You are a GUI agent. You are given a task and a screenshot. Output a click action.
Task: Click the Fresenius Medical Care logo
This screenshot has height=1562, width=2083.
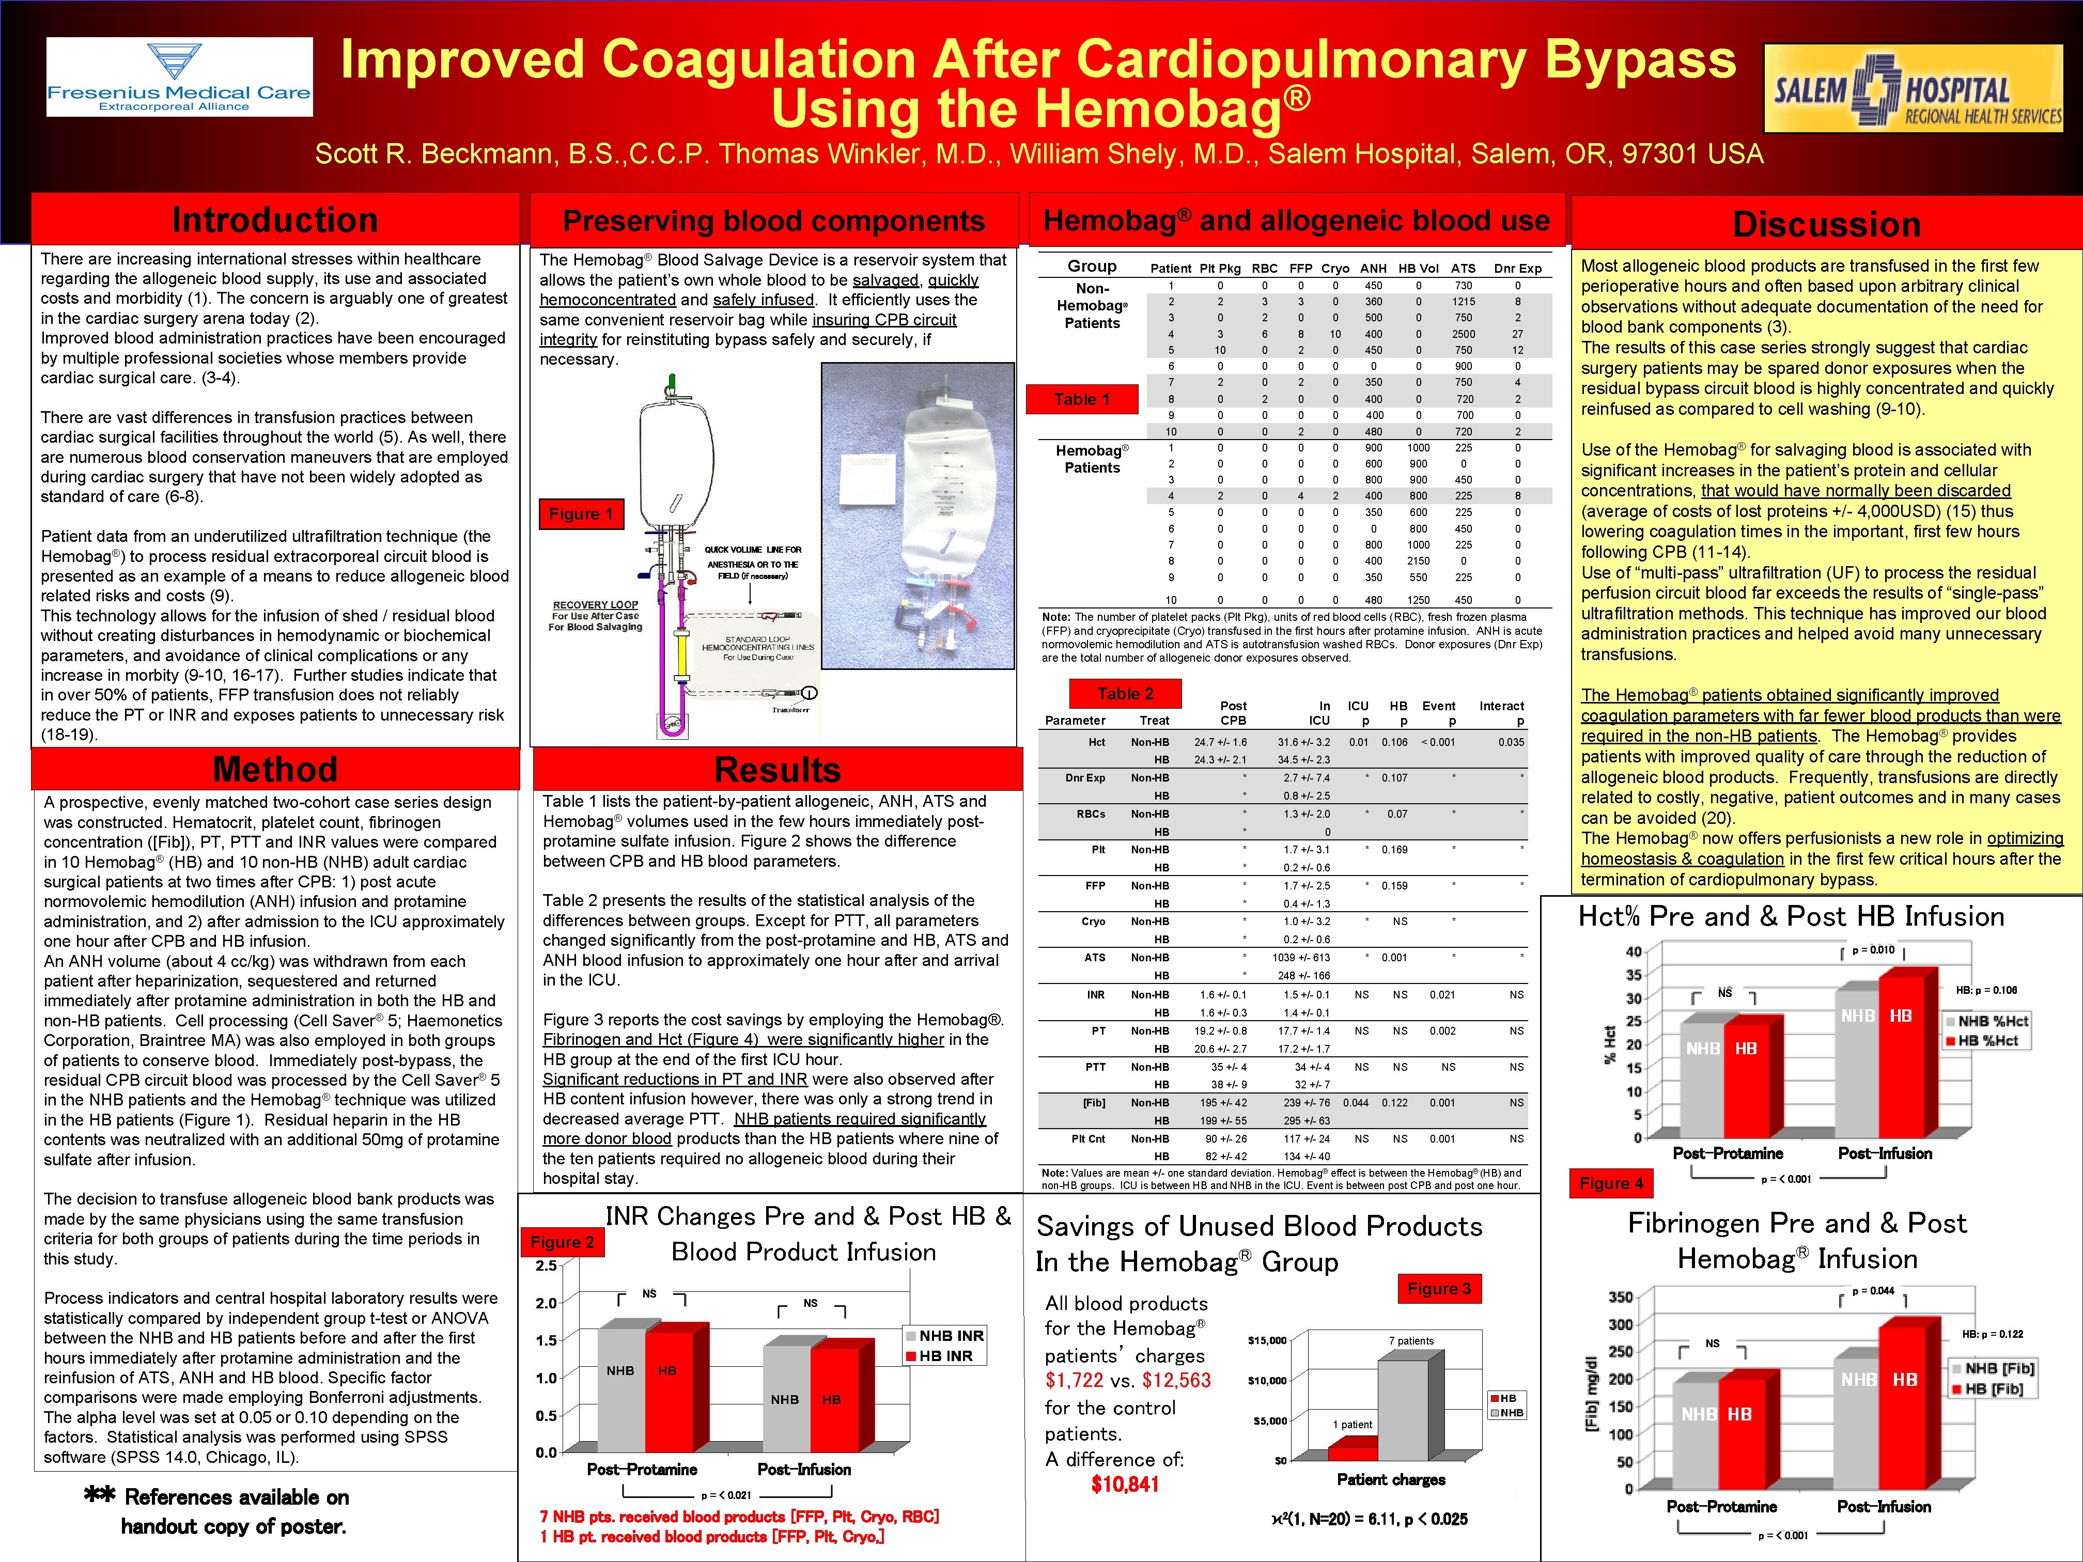[x=179, y=77]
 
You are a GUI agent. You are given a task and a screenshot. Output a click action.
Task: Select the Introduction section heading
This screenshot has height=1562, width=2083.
[x=275, y=220]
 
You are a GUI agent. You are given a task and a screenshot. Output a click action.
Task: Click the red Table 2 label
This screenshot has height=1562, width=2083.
[x=1125, y=694]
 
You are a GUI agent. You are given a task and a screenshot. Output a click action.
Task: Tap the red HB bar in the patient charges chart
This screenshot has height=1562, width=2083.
[x=1353, y=1448]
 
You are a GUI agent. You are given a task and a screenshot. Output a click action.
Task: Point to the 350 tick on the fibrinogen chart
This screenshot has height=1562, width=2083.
[x=1620, y=1298]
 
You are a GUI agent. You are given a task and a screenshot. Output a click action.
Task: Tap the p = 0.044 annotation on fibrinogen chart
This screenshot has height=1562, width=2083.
[x=1873, y=1291]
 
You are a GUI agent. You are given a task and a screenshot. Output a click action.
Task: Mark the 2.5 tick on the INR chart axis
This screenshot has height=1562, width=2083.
[x=546, y=1266]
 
